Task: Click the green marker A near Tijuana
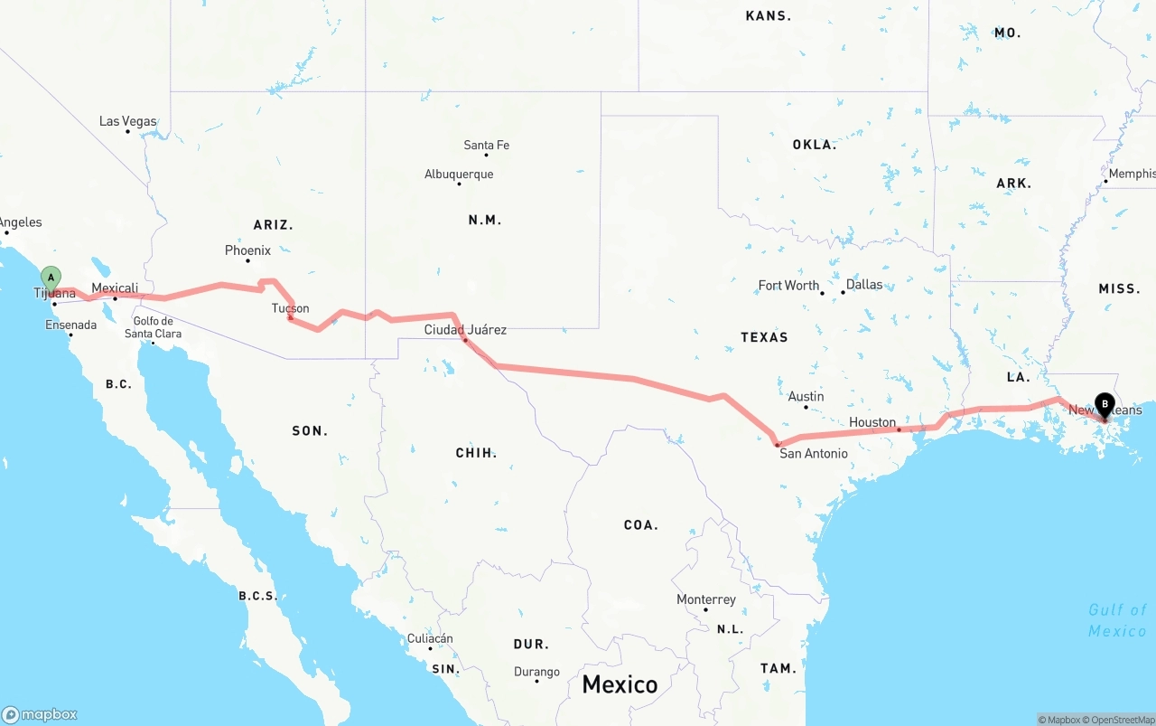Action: [51, 277]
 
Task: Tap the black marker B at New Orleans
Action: [1104, 405]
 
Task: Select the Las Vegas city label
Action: [127, 121]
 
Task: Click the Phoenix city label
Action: [247, 250]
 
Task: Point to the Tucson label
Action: [291, 308]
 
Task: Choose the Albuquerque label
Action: [459, 174]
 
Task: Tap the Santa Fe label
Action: [486, 145]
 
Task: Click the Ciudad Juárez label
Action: [465, 330]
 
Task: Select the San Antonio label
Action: [814, 453]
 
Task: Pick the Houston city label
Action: [872, 422]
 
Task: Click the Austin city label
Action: [806, 396]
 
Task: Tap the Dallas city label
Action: [864, 284]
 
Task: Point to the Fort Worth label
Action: [788, 285]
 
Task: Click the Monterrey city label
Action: [706, 599]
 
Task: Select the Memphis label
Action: [1132, 174]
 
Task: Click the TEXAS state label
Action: [764, 337]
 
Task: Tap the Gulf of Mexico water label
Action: [1117, 620]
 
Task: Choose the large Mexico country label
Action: [620, 684]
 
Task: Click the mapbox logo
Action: [40, 714]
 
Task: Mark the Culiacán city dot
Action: [430, 648]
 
